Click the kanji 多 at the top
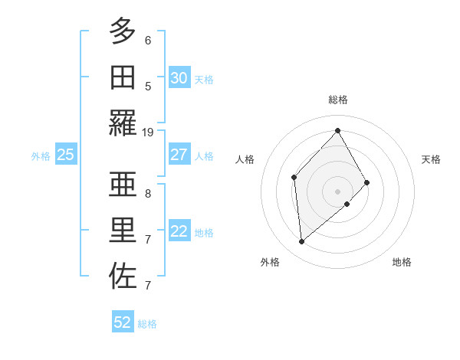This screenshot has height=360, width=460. pyautogui.click(x=122, y=31)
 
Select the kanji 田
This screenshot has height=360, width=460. pyautogui.click(x=122, y=77)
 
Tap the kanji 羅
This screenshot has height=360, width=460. pyautogui.click(x=122, y=123)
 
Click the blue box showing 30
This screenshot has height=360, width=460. pyautogui.click(x=179, y=78)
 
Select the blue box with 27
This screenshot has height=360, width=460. pyautogui.click(x=179, y=155)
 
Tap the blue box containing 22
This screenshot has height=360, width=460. pyautogui.click(x=179, y=231)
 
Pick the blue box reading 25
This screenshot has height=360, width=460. pyautogui.click(x=65, y=155)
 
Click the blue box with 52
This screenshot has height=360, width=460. pyautogui.click(x=123, y=322)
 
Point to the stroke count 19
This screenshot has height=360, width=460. pyautogui.click(x=148, y=133)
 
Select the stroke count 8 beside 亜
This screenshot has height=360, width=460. pyautogui.click(x=148, y=194)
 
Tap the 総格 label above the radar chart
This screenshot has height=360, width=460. pyautogui.click(x=338, y=100)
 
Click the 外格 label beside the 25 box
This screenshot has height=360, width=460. pyautogui.click(x=40, y=155)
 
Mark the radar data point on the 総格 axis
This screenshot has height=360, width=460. pyautogui.click(x=338, y=130)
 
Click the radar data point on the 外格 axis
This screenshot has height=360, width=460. pyautogui.click(x=302, y=242)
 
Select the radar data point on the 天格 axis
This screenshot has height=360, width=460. pyautogui.click(x=367, y=182)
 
